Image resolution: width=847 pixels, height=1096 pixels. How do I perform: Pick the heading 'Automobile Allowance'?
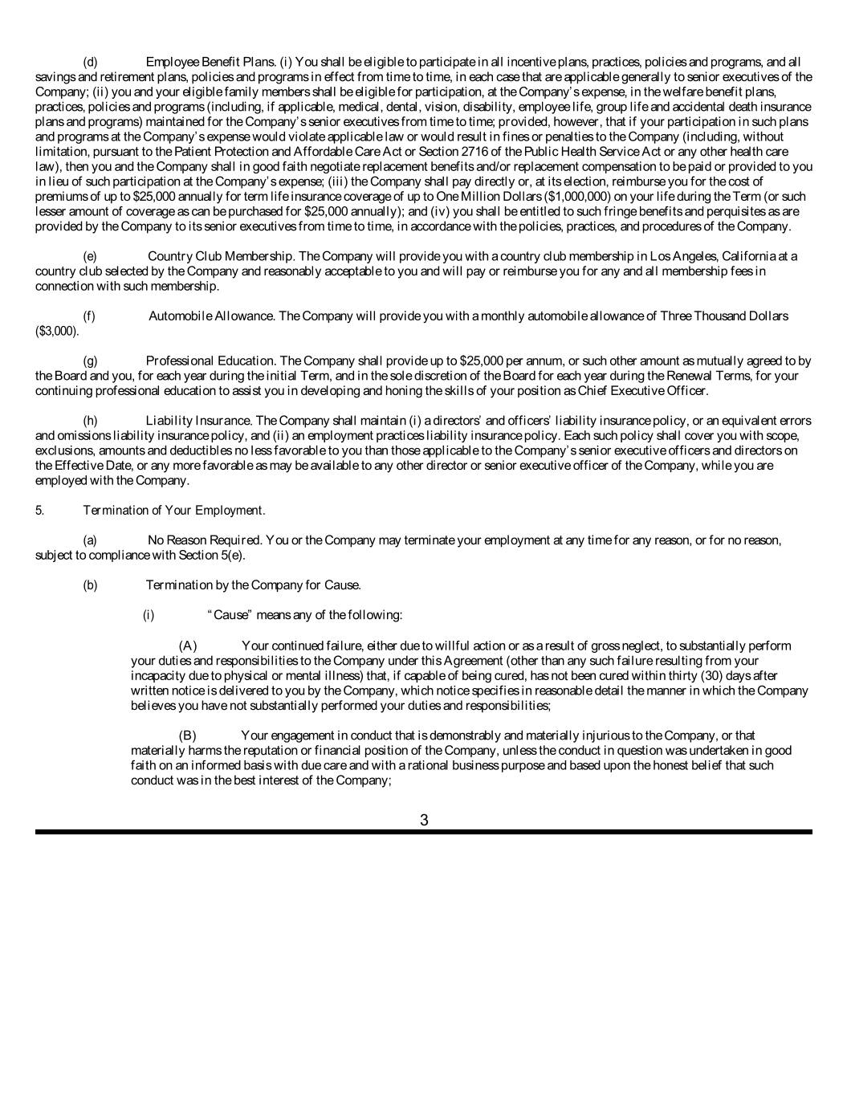click(212, 316)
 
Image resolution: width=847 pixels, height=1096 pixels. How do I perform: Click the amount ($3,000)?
click(57, 331)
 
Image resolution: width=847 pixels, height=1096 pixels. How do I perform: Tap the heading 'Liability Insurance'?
click(198, 421)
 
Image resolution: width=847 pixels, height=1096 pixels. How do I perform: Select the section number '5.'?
click(40, 511)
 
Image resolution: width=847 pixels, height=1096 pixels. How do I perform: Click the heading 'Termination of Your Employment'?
click(173, 511)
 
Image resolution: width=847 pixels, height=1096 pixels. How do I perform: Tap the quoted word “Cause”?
click(230, 615)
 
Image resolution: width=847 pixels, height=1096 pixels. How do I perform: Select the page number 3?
click(424, 820)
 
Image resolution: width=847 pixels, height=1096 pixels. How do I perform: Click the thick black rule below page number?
click(424, 832)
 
